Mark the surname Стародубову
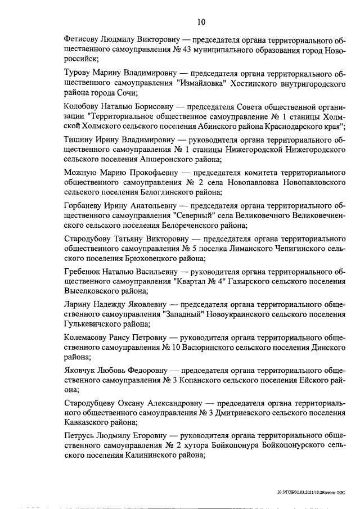88,238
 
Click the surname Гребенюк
83,272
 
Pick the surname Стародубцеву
91,403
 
